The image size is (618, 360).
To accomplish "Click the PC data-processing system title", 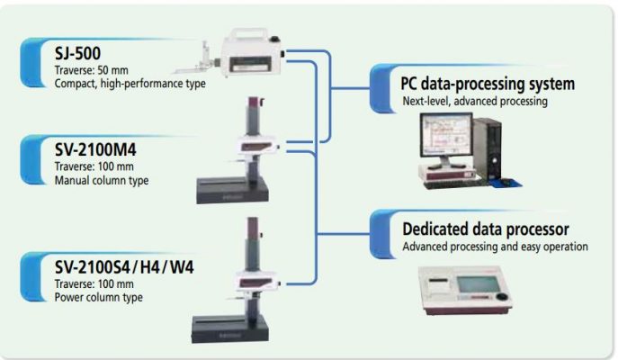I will [488, 84].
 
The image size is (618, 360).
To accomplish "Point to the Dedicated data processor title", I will [485, 229].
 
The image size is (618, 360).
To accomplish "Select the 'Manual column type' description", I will [102, 179].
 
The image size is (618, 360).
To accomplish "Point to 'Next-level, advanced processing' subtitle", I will [475, 102].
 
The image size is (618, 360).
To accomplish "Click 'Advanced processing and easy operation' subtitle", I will [495, 247].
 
